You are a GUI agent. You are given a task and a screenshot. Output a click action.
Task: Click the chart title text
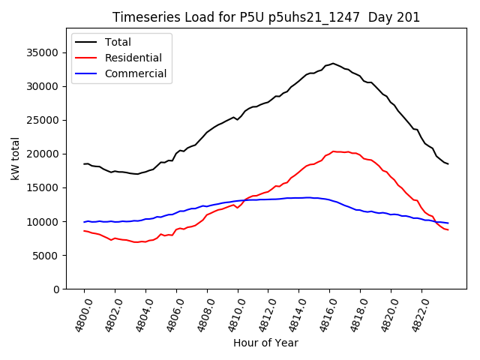[x=266, y=17]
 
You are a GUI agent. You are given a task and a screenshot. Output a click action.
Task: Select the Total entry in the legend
[x=118, y=42]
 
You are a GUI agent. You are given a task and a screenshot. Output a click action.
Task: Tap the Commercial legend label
[x=136, y=73]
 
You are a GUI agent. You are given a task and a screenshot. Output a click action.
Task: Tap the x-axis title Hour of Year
[x=265, y=343]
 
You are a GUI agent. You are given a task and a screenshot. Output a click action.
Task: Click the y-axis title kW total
[x=15, y=158]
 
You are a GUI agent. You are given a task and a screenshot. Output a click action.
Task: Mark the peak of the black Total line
[x=333, y=64]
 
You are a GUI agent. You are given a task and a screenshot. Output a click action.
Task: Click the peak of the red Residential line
[x=334, y=151]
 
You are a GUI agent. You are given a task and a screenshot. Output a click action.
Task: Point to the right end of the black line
[x=448, y=163]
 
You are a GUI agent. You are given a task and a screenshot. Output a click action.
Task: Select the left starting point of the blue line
[x=84, y=222]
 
